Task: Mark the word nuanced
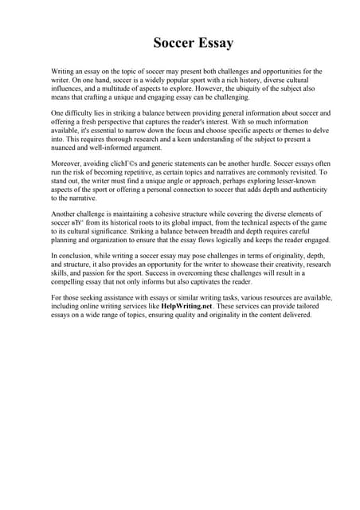coord(68,149)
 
